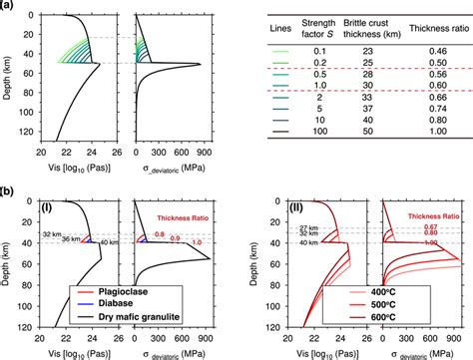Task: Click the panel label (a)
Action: [x=8, y=6]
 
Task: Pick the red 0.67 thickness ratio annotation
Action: [x=431, y=225]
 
